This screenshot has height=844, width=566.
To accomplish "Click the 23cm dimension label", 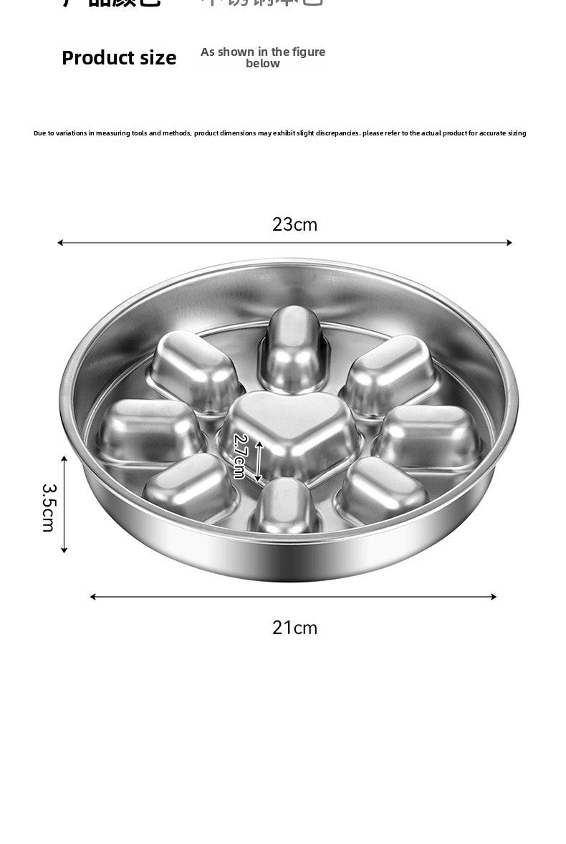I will [294, 224].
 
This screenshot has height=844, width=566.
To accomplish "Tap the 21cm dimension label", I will [294, 628].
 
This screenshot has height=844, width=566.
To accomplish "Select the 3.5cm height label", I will [48, 507].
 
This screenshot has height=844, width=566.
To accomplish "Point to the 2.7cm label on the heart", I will [240, 456].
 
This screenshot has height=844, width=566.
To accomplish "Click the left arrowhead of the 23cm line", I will [60, 243].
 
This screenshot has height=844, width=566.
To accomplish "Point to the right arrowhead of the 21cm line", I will [494, 596].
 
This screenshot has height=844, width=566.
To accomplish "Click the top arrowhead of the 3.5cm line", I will [64, 459].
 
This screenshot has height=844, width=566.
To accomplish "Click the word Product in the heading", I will [96, 58].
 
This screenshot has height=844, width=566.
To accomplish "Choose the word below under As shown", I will [263, 64].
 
